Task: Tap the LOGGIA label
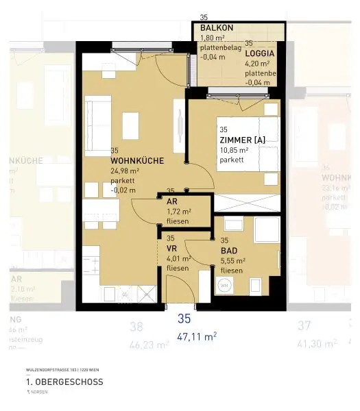260,53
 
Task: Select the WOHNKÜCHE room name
136,160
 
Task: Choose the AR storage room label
171,201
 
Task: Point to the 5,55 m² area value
233,261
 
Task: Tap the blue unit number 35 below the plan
183,319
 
